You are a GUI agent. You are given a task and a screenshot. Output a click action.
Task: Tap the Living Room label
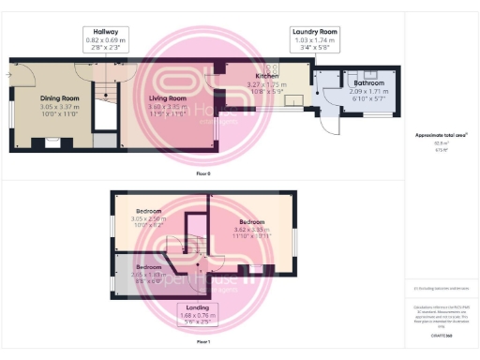click(164, 98)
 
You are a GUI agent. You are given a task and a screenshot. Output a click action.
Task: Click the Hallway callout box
click(105, 38)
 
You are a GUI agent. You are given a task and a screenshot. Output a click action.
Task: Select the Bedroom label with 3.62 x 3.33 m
click(251, 222)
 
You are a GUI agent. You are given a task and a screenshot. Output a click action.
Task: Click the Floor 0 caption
click(202, 174)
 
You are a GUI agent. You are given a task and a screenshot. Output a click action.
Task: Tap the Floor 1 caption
click(202, 343)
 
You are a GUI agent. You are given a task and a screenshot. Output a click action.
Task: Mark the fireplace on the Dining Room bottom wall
click(50, 143)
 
